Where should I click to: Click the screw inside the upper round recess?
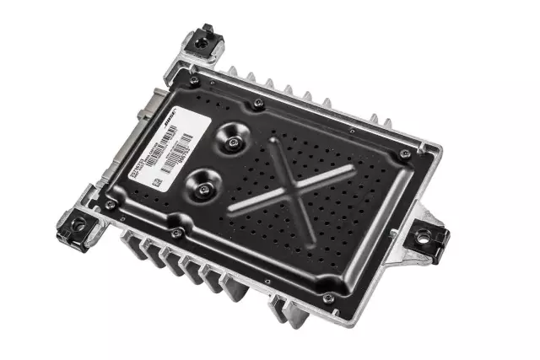pyautogui.click(x=232, y=144)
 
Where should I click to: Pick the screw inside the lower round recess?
pyautogui.click(x=202, y=188)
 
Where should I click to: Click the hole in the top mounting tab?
pyautogui.click(x=202, y=38)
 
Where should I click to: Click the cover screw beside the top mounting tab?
pyautogui.click(x=194, y=81)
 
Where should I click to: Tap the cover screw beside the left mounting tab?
pyautogui.click(x=111, y=204)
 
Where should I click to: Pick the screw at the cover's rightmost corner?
pyautogui.click(x=406, y=154)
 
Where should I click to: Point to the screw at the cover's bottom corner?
pyautogui.click(x=327, y=297)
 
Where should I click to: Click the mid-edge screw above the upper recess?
pyautogui.click(x=258, y=104)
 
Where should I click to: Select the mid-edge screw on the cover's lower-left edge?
pyautogui.click(x=176, y=233)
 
